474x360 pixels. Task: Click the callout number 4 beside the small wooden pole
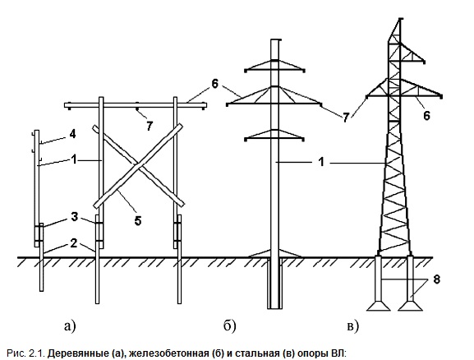72,134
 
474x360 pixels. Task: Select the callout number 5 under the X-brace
138,221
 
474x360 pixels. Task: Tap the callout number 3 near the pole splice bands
75,217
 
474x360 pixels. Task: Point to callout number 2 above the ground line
74,243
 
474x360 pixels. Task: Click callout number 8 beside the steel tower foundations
436,279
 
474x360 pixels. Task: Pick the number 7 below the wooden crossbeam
150,126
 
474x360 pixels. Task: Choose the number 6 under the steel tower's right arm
426,116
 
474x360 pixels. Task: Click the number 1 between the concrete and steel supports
322,162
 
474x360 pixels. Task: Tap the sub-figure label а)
70,326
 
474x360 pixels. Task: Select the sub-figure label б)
230,325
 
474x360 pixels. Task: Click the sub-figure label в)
352,327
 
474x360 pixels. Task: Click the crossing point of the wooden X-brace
139,165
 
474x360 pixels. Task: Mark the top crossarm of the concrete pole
274,66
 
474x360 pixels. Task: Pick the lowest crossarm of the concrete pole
274,136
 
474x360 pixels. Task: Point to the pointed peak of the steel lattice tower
400,20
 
